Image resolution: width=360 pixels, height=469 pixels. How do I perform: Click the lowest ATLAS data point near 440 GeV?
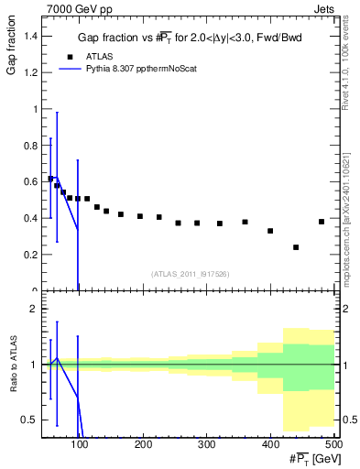[296, 247]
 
